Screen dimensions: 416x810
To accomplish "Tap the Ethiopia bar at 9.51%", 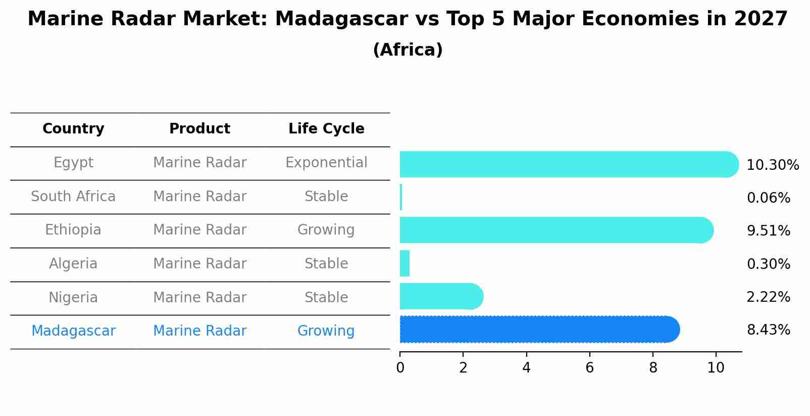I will [x=555, y=230].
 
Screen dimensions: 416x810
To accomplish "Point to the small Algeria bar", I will [x=404, y=263].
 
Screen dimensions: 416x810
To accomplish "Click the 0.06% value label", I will [x=768, y=198].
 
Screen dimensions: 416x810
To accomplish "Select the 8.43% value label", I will [x=768, y=330].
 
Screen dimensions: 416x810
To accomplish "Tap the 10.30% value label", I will [x=772, y=165].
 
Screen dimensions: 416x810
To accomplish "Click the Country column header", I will [x=73, y=129].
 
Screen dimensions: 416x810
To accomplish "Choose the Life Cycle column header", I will [x=326, y=129].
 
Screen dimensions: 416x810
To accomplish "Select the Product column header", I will [x=199, y=129].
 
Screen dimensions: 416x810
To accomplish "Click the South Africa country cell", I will [x=73, y=196].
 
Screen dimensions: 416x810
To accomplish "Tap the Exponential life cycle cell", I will [x=326, y=163].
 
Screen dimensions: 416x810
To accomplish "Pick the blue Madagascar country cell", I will [x=73, y=331].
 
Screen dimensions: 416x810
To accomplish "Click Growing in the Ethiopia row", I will [x=326, y=230].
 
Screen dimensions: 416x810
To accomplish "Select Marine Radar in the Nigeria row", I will [x=199, y=297].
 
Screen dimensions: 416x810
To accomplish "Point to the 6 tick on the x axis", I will [x=589, y=367].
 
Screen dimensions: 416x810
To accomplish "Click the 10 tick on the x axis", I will [x=716, y=367].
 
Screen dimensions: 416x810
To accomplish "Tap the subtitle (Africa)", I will [x=408, y=50].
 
